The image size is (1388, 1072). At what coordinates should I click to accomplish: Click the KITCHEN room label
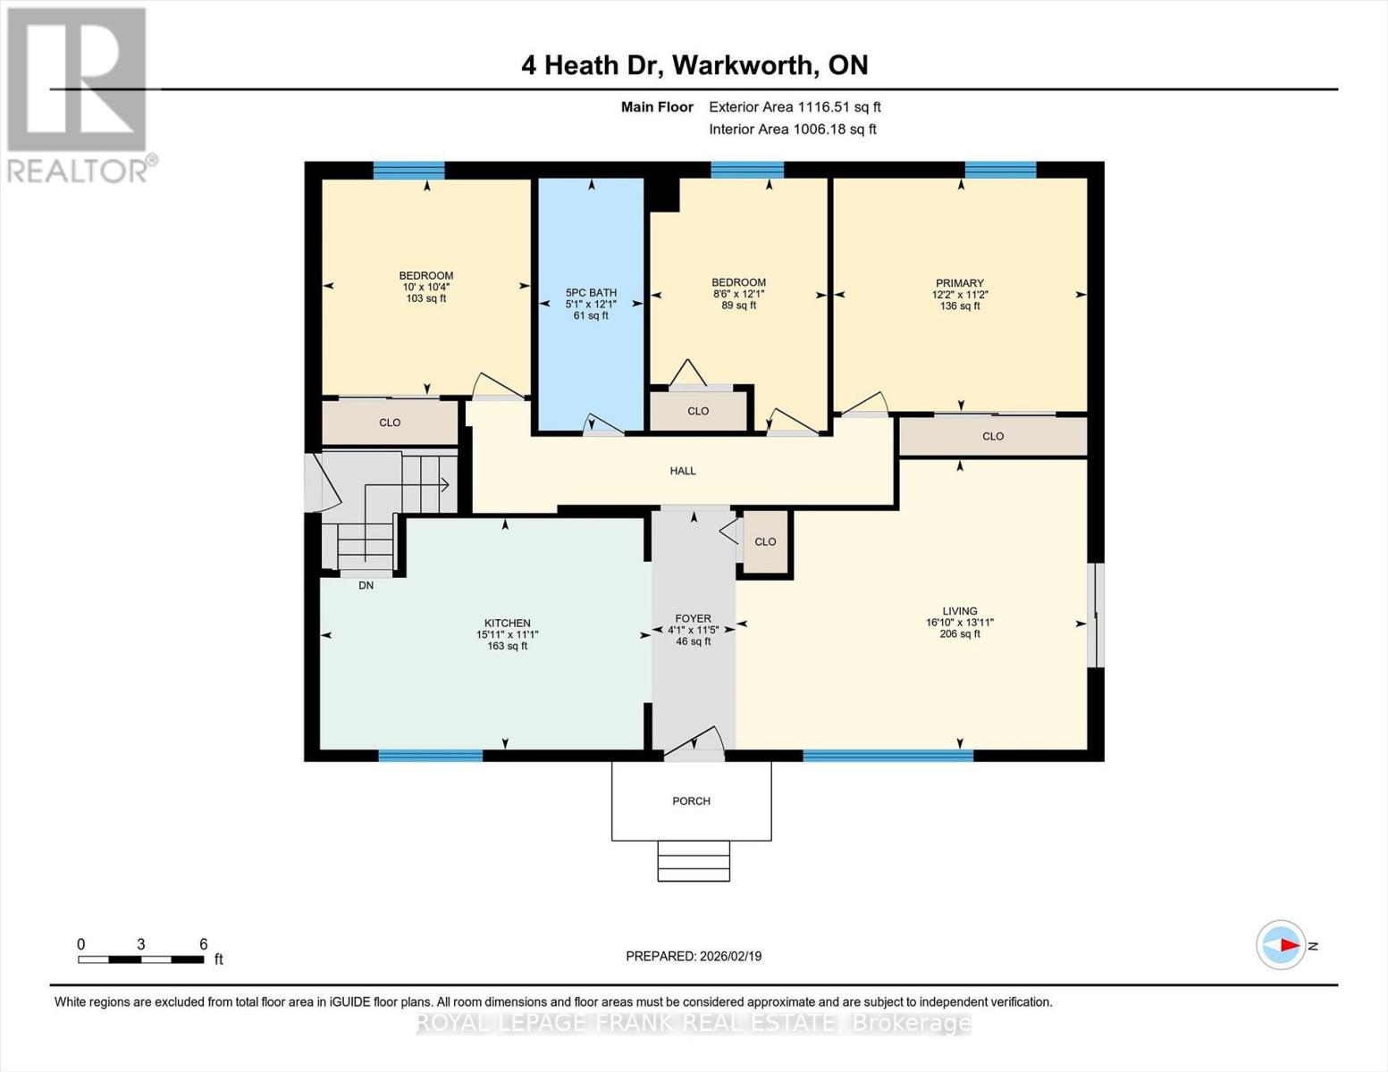point(507,623)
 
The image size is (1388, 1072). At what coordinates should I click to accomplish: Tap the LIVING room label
point(959,611)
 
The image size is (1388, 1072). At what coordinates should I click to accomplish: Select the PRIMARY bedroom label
point(959,283)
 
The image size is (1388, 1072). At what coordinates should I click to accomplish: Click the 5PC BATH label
point(591,292)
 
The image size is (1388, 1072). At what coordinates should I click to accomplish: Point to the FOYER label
point(693,618)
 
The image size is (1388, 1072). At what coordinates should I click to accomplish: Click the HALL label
point(683,471)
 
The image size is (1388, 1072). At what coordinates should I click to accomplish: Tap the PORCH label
point(691,801)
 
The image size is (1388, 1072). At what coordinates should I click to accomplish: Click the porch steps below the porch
point(694,861)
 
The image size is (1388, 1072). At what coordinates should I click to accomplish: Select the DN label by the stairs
point(366,585)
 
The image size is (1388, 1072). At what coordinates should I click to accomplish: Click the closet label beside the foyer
point(765,542)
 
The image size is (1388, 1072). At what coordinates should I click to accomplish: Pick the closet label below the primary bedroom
point(992,437)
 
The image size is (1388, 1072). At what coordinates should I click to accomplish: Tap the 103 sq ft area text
point(425,298)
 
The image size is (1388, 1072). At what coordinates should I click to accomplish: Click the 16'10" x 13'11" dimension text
point(959,623)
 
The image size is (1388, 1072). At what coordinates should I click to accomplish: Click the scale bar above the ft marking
point(140,959)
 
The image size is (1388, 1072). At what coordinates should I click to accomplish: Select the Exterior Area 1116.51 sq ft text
point(795,106)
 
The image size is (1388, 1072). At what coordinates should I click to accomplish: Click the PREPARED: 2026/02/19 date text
point(694,956)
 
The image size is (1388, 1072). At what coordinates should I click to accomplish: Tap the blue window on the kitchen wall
point(430,756)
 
